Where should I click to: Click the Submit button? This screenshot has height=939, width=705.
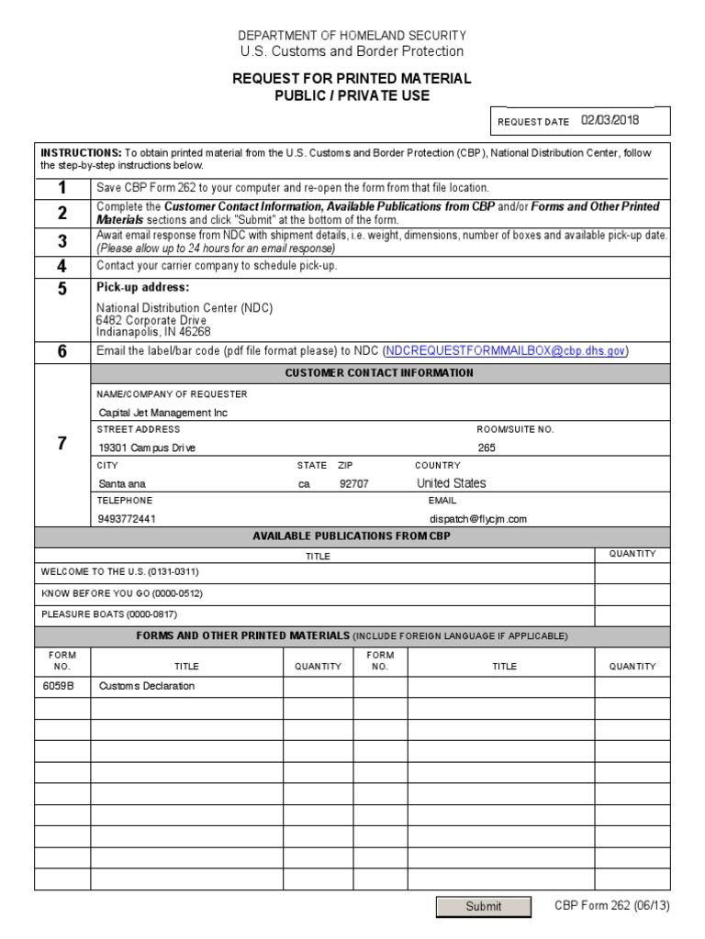(x=483, y=906)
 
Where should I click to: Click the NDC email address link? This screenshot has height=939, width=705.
(x=506, y=350)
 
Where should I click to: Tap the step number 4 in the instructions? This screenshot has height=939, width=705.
(x=62, y=266)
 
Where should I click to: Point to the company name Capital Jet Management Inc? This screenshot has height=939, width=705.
(x=162, y=413)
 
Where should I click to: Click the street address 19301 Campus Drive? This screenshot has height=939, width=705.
(x=147, y=447)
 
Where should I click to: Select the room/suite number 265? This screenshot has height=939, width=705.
(x=487, y=447)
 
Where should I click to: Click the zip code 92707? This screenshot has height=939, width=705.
(x=353, y=483)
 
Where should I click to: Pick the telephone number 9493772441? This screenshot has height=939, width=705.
(x=127, y=518)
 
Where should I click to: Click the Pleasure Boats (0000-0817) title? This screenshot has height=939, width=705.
(x=109, y=613)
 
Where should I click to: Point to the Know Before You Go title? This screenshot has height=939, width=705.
(x=109, y=592)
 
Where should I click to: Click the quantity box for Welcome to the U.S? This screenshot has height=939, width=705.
(x=632, y=572)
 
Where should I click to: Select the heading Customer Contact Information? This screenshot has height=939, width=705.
(x=379, y=373)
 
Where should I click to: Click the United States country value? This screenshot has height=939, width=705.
(x=452, y=483)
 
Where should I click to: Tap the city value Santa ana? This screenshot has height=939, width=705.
(x=122, y=483)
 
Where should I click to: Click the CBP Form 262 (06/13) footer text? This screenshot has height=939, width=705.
(x=611, y=905)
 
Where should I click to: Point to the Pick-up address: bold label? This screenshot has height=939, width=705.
(x=142, y=287)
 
